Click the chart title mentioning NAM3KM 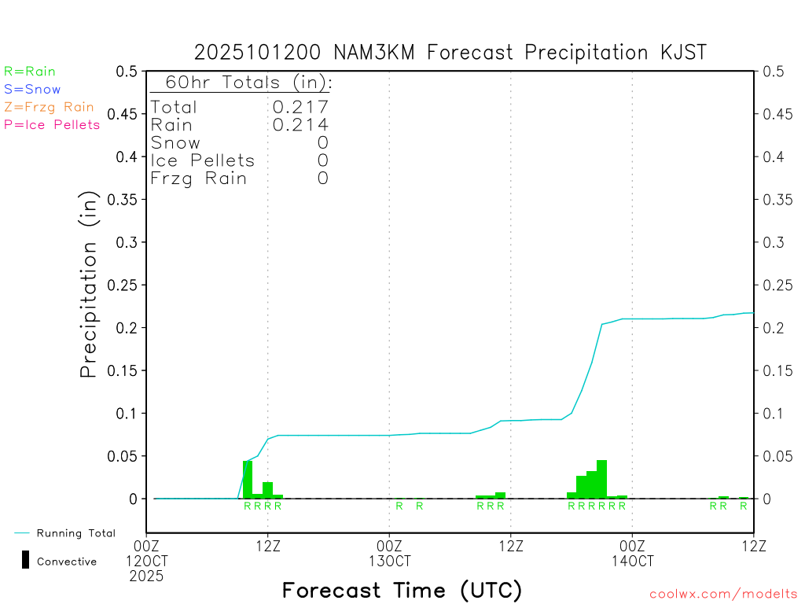click(450, 53)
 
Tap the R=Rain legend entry click(30, 72)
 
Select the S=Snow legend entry click(32, 90)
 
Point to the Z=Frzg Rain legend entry click(49, 107)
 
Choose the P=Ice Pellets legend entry click(52, 124)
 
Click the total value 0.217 click(300, 107)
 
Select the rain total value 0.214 click(300, 125)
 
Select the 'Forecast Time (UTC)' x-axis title click(402, 590)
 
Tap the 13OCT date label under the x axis click(389, 562)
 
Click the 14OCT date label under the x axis click(632, 562)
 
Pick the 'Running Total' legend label click(75, 533)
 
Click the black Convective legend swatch click(25, 560)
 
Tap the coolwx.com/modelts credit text click(723, 595)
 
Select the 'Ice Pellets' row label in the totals click(203, 161)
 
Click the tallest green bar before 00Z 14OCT click(601, 479)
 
